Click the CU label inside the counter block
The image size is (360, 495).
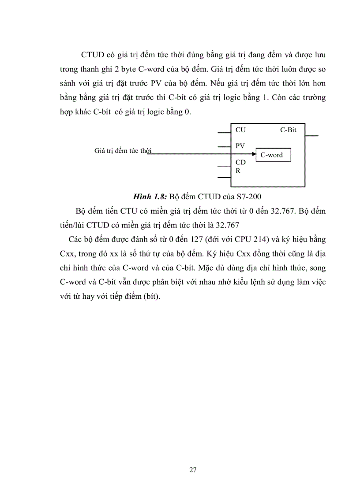(240, 130)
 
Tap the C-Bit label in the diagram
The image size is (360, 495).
(288, 130)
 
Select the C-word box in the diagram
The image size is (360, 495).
(273, 155)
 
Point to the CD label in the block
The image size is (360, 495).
(240, 163)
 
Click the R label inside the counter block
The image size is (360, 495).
(238, 171)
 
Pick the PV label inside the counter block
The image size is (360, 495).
(240, 145)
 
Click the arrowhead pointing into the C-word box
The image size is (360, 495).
(253, 154)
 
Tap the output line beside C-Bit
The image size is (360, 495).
(311, 136)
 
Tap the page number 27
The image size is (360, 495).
(193, 469)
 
